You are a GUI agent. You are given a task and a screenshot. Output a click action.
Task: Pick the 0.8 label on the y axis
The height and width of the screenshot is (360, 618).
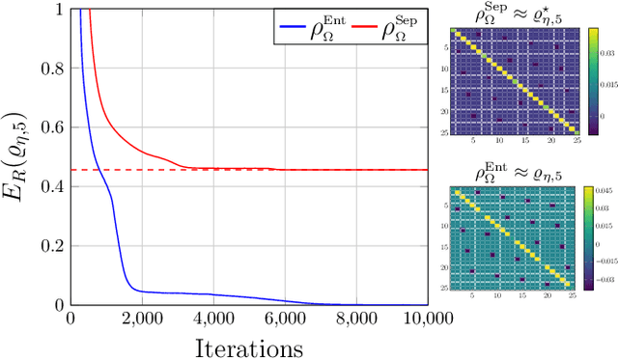49,68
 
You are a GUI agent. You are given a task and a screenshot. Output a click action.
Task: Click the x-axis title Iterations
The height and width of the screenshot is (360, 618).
249,346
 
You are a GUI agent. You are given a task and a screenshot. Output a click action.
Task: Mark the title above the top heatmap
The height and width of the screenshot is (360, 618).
526,13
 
